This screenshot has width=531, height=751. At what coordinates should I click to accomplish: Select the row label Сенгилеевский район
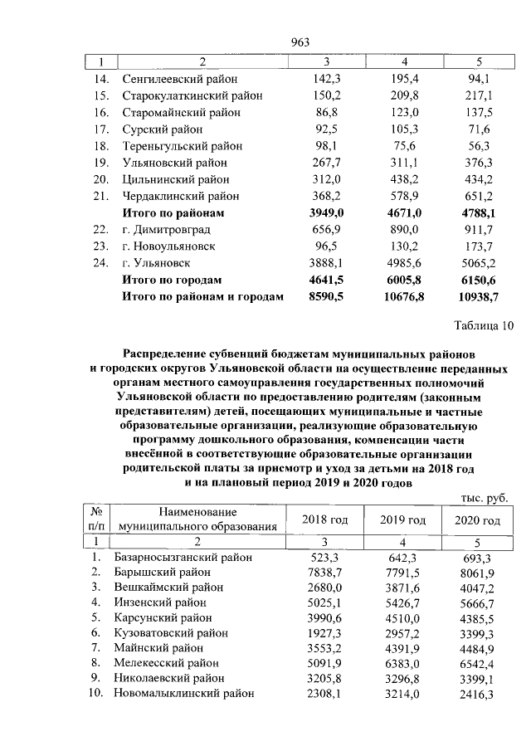click(x=179, y=79)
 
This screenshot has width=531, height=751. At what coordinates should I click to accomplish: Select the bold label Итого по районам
click(x=173, y=213)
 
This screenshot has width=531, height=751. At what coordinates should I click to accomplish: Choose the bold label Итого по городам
click(x=172, y=280)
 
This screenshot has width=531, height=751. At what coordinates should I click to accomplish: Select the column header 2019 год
click(x=402, y=520)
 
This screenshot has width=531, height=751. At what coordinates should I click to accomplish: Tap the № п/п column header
click(x=97, y=519)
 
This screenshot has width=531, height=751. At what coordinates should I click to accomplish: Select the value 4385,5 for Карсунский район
click(x=479, y=617)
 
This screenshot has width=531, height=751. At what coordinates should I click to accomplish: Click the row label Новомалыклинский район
click(x=184, y=693)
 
